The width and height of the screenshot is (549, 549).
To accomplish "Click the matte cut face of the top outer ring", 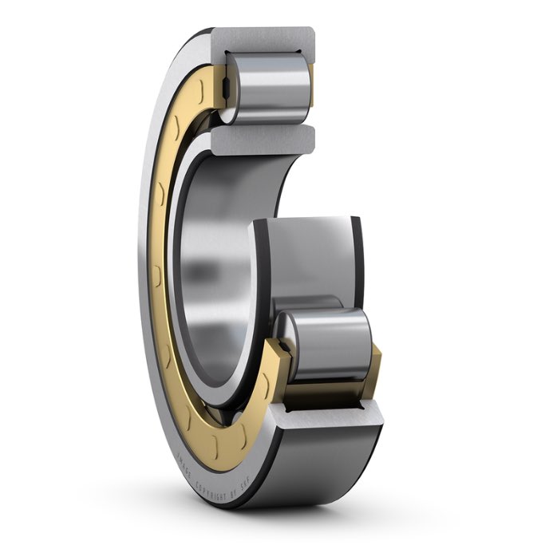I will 263,38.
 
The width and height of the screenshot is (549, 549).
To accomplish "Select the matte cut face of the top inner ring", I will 264,140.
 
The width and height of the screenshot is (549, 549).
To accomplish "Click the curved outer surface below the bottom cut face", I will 327,463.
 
